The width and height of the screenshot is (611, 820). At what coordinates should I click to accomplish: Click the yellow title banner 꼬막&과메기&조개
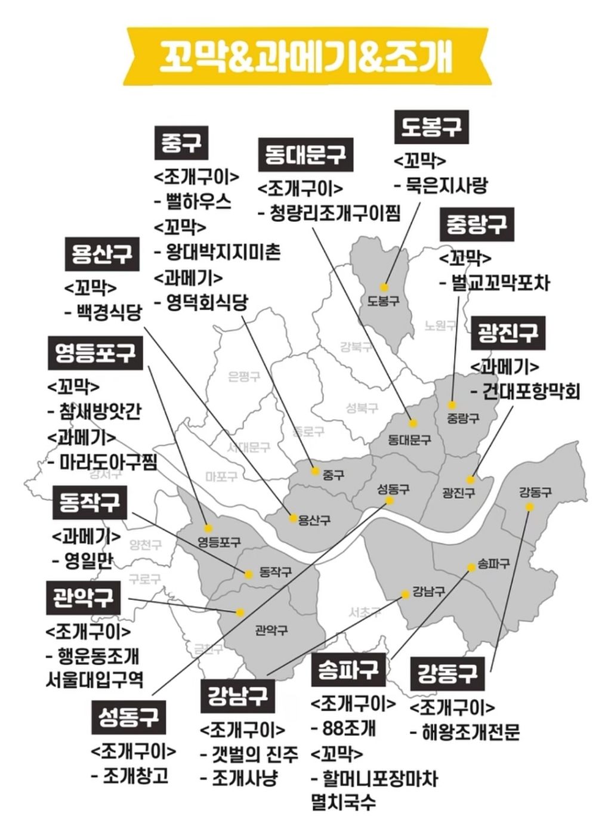pos(305,57)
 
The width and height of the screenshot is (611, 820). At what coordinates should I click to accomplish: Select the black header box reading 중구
pos(181,143)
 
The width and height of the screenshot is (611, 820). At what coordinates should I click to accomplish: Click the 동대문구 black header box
pos(305,155)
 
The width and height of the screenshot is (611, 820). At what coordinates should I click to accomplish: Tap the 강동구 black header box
pos(448,673)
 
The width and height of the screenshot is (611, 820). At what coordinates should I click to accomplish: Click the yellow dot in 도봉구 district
pos(385,287)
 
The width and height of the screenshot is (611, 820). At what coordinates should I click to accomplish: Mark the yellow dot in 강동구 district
pos(529,507)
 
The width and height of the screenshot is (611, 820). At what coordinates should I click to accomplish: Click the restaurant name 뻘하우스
pos(199,202)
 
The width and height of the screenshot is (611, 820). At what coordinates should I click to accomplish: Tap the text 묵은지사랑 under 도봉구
pos(446,185)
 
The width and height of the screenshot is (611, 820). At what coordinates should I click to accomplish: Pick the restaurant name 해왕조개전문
pos(470,732)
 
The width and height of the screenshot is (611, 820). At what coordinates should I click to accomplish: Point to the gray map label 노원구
pos(440,326)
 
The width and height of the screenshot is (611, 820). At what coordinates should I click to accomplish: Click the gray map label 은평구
pos(244,376)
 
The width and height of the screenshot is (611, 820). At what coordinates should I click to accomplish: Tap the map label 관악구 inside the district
pos(271,630)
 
